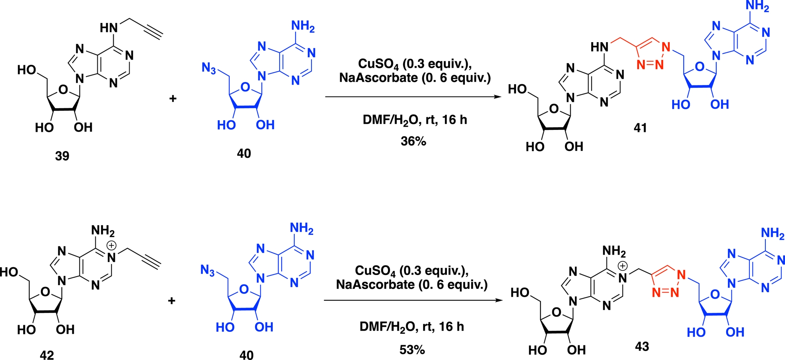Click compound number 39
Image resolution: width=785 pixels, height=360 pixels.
tap(62, 156)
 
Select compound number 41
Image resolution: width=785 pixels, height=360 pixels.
tap(640, 128)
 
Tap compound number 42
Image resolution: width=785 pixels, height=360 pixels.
tap(47, 355)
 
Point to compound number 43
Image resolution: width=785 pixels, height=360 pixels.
tap(642, 347)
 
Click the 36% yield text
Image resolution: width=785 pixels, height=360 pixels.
tap(413, 141)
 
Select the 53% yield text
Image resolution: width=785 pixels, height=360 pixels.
tap(412, 350)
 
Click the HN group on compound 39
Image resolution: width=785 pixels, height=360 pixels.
tap(109, 28)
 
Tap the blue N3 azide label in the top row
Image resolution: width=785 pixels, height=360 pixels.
tap(209, 68)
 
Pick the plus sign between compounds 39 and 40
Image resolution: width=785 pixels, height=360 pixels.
tap(173, 98)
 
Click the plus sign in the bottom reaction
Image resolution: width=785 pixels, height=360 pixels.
tap(172, 301)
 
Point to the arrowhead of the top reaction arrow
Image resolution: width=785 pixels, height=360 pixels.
tap(498, 97)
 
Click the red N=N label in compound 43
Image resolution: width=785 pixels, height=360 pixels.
tap(665, 292)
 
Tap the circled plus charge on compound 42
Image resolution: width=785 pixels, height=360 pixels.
tap(111, 245)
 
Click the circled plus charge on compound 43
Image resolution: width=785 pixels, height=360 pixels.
tap(622, 266)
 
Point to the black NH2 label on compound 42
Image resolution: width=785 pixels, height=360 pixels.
tap(103, 231)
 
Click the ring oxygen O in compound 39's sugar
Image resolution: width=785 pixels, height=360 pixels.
tap(63, 89)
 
